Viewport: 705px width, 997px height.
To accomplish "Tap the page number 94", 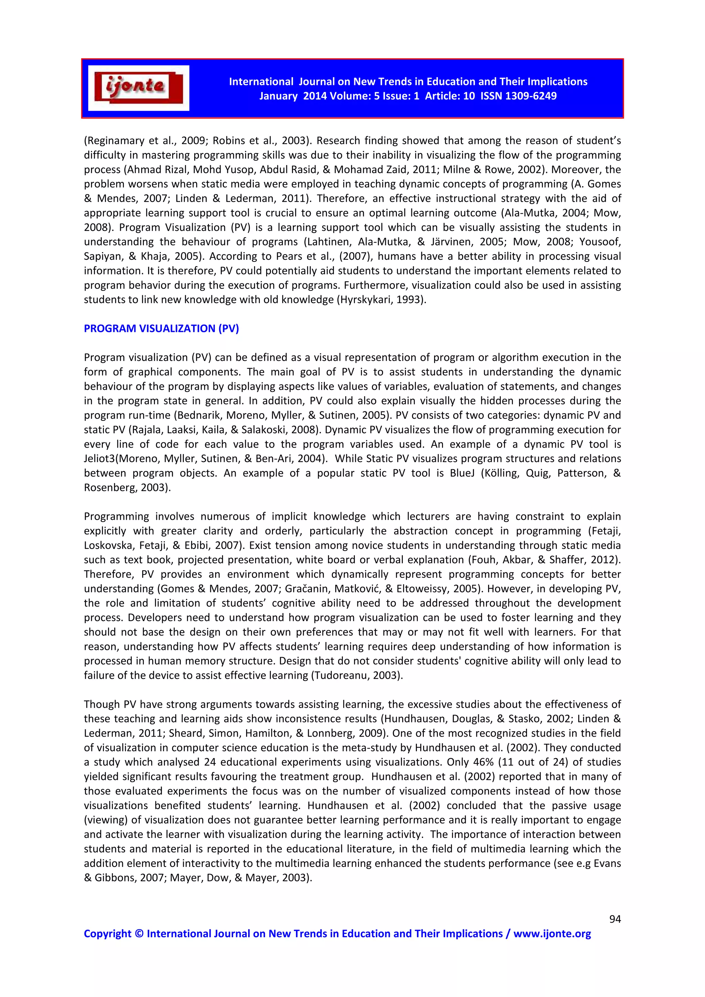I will tap(615, 919).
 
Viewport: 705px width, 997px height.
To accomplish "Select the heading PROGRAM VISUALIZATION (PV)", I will tap(161, 328).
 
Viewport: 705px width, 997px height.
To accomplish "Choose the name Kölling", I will tap(501, 473).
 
